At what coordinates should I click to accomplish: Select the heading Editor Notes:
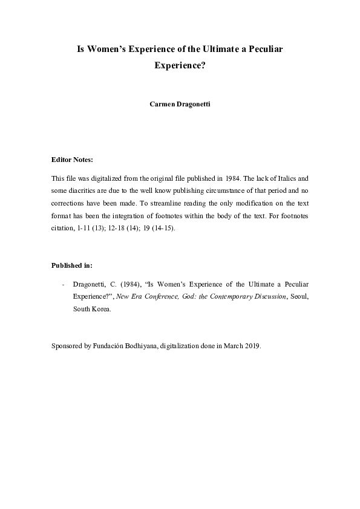pyautogui.click(x=73, y=160)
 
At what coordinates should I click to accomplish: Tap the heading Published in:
pyautogui.click(x=72, y=265)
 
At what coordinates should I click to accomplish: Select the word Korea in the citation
pyautogui.click(x=102, y=308)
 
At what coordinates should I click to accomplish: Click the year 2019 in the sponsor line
pyautogui.click(x=252, y=346)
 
